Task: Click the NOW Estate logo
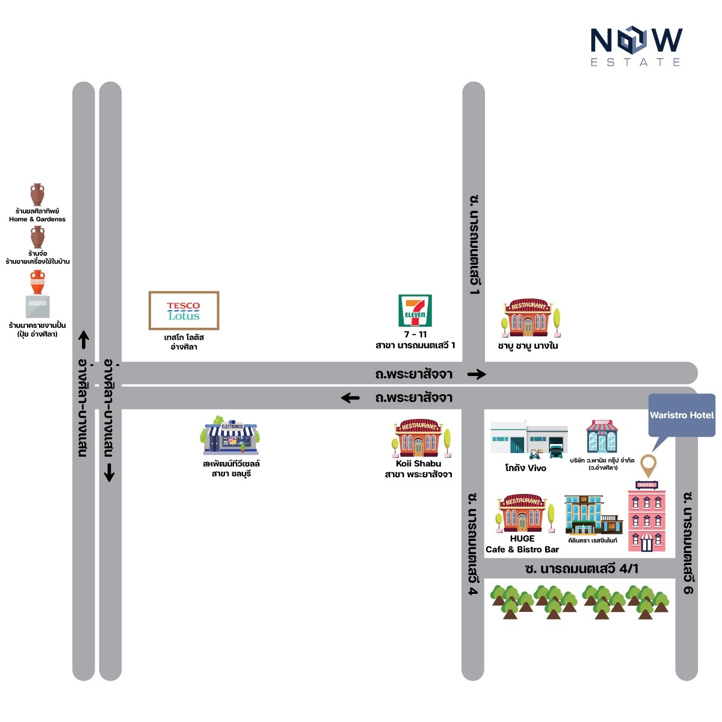click(636, 46)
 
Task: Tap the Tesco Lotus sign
click(184, 310)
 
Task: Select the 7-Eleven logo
click(415, 310)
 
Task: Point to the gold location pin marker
click(648, 465)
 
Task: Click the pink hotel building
click(647, 516)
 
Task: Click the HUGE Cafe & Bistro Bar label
click(522, 544)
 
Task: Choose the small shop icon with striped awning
click(602, 436)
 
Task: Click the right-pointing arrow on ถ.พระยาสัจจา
click(477, 374)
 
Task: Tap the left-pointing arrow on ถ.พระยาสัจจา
click(350, 398)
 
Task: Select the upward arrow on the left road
click(84, 340)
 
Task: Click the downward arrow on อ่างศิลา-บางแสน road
click(110, 472)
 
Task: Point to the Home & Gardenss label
click(37, 219)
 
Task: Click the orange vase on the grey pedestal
click(37, 282)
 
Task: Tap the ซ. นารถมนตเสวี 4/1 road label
click(581, 569)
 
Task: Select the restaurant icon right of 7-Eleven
click(531, 318)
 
